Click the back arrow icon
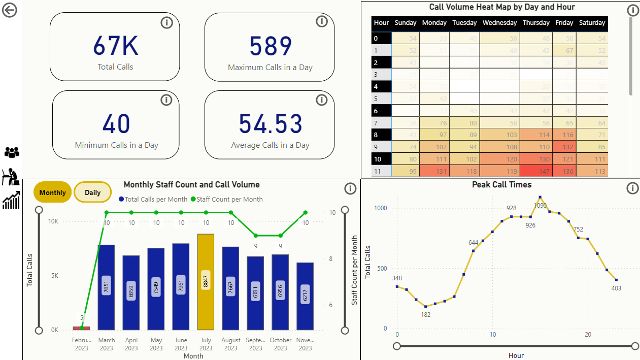10,10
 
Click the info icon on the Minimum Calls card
166,100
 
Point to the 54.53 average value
271,124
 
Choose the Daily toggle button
92,192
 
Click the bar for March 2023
106,287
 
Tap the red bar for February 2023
82,328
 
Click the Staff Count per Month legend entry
227,200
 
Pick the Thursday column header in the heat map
536,23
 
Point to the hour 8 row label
376,135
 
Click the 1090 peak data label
541,205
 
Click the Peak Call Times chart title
501,185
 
